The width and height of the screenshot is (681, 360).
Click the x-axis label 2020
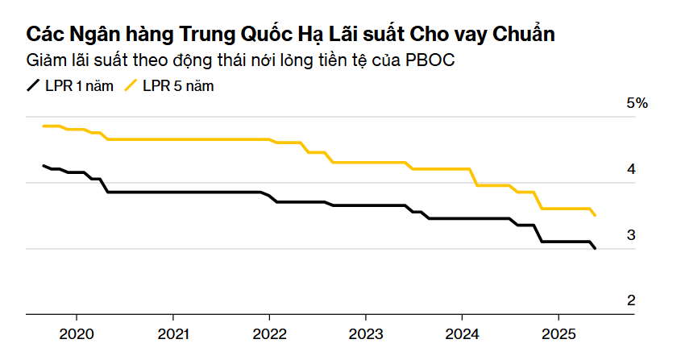pos(77,333)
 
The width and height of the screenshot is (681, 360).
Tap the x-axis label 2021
pos(173,333)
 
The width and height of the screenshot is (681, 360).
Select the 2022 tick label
pos(269,333)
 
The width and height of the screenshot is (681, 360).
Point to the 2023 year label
pos(366,333)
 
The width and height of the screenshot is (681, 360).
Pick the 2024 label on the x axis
pos(463,333)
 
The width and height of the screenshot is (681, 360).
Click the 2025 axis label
pos(559,333)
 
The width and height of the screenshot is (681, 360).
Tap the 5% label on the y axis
pos(637,104)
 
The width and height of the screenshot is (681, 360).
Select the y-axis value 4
pos(632,169)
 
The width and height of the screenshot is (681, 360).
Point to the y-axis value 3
pos(632,235)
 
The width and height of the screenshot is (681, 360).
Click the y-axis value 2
pos(632,300)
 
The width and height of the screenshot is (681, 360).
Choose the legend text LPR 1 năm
pos(79,85)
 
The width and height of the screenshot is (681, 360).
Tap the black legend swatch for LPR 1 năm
pos(33,85)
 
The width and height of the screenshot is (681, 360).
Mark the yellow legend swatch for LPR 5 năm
pos(131,85)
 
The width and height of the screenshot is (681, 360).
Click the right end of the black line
pos(596,249)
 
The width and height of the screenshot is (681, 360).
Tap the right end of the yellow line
pos(596,216)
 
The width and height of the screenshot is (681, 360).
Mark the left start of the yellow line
pos(43,126)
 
